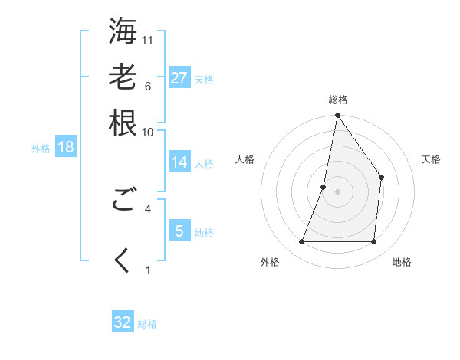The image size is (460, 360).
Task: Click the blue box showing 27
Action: click(179, 78)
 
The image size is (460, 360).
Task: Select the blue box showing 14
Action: click(179, 162)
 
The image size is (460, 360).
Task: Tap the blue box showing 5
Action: click(179, 231)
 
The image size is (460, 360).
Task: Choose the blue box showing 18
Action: click(66, 147)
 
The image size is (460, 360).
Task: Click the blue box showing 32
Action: click(123, 322)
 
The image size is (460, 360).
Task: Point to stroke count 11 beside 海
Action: click(148, 40)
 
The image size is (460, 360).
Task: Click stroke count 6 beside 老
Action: click(148, 86)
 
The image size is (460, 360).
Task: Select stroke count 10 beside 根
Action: click(148, 132)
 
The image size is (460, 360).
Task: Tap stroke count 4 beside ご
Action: click(148, 208)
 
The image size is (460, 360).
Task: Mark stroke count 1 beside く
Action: click(148, 270)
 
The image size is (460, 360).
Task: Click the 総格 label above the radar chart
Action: click(337, 100)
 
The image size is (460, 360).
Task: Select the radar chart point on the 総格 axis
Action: click(337, 116)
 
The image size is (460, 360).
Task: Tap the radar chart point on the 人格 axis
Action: click(324, 186)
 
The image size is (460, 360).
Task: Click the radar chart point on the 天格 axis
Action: click(381, 178)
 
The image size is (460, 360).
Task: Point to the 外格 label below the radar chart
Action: click(270, 262)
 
